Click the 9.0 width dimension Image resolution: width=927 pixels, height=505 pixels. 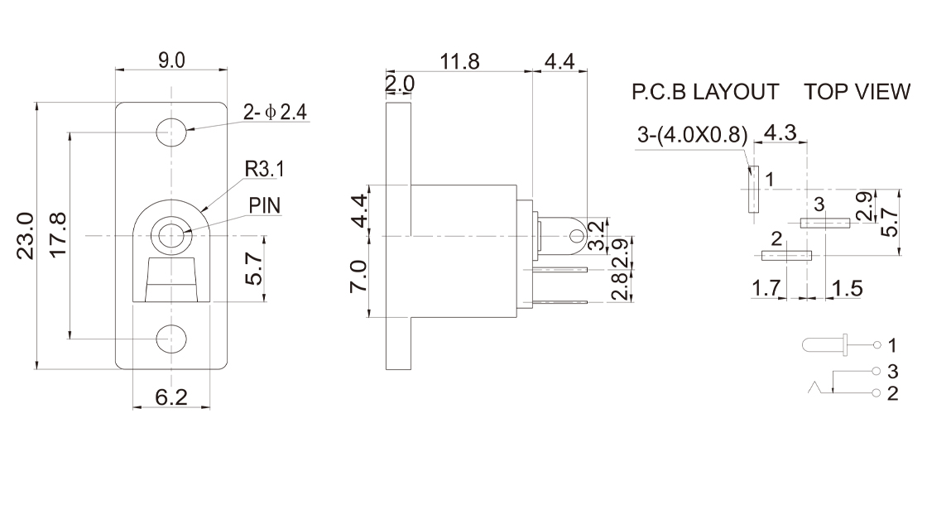pos(171,60)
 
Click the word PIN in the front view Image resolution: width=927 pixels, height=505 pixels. pos(266,204)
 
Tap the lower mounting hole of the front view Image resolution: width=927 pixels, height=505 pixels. pos(171,338)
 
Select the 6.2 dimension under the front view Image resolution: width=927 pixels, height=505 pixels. pos(171,398)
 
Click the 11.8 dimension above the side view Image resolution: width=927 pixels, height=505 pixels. pos(460,62)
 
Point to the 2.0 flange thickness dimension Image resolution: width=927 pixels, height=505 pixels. pos(400,84)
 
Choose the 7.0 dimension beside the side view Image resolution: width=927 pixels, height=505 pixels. pos(358,276)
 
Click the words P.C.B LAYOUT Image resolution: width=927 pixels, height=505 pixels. pos(705,92)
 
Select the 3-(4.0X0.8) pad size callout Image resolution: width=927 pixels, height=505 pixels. pos(693,135)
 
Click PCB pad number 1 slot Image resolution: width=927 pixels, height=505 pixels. pos(753,189)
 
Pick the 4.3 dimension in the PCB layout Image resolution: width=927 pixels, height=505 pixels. pos(781,132)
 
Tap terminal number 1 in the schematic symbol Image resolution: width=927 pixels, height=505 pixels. pos(891,344)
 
